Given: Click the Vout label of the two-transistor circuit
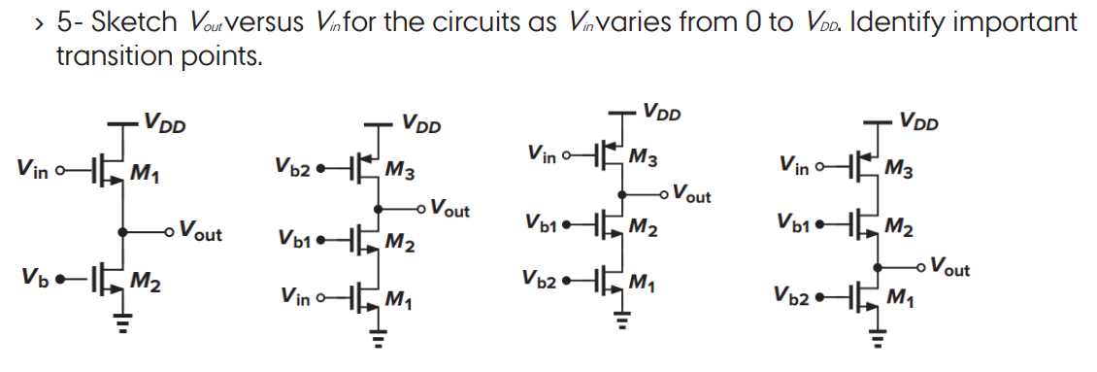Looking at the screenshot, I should pos(199,234).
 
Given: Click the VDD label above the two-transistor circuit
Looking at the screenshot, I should pos(165,123).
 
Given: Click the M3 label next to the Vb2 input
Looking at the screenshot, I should pos(401,173).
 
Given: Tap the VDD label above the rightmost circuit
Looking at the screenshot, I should pos(918,123).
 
